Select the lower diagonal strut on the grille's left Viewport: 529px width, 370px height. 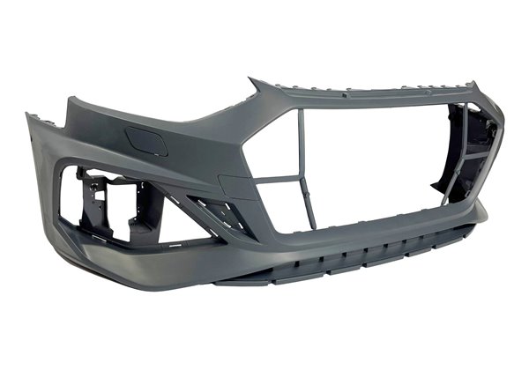click(269, 206)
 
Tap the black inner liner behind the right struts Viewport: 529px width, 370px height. click(481, 145)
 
